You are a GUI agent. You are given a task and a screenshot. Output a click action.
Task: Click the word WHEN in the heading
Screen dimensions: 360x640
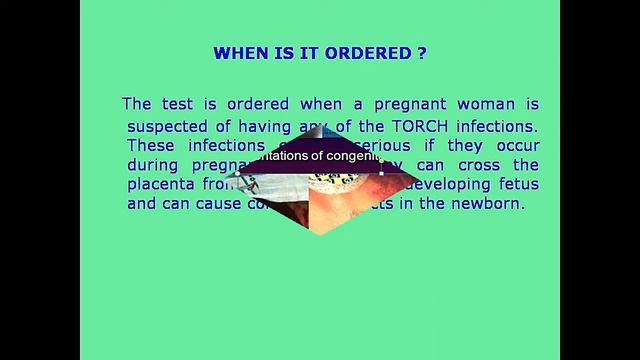click(x=241, y=54)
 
